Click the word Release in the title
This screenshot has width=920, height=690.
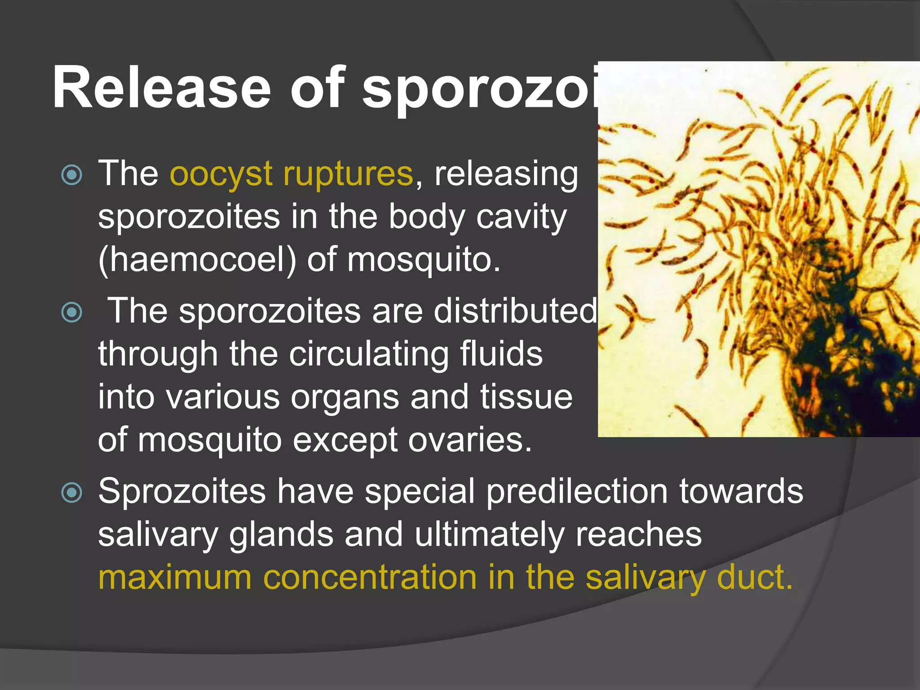[x=162, y=88]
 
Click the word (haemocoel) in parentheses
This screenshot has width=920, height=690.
[x=197, y=260]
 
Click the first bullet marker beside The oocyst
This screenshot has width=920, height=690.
[x=72, y=175]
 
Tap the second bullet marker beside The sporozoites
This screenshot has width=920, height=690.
[x=72, y=312]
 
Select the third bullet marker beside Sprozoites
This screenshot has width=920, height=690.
[x=72, y=492]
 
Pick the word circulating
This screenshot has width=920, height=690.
[x=368, y=354]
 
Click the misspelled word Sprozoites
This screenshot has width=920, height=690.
[x=182, y=491]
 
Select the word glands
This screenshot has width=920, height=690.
[x=281, y=535]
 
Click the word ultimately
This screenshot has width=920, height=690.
[x=490, y=534]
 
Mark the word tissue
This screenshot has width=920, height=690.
[x=526, y=397]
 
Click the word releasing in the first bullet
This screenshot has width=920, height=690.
[x=506, y=174]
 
